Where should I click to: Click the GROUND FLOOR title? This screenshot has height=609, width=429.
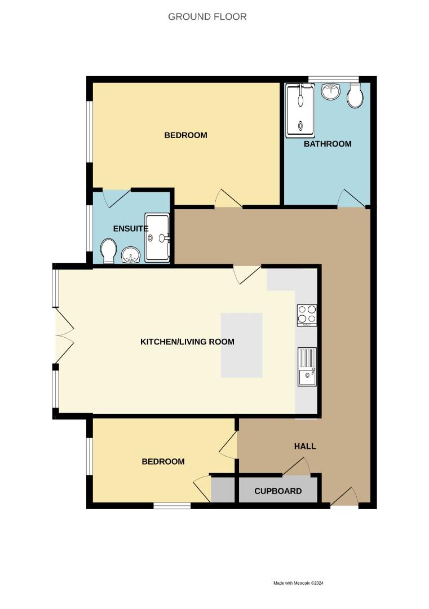(x=207, y=17)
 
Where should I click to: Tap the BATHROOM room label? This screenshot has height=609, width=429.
(x=327, y=144)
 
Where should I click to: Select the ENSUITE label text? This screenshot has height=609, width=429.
(x=130, y=228)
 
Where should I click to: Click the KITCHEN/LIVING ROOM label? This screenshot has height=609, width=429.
(x=187, y=342)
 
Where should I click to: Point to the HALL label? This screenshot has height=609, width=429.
(x=305, y=446)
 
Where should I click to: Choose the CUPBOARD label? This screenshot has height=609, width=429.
(x=278, y=491)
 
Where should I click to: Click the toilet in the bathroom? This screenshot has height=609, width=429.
(x=355, y=97)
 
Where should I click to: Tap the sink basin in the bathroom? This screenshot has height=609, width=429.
(x=330, y=92)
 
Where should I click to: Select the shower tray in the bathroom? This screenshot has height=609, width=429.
(x=300, y=111)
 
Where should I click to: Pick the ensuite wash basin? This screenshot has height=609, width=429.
(x=131, y=255)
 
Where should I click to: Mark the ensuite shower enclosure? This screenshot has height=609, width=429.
(x=157, y=237)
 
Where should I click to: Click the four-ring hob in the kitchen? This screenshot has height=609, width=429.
(x=307, y=315)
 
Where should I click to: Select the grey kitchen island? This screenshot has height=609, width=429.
(x=241, y=345)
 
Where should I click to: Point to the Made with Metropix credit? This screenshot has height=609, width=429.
(x=299, y=583)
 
